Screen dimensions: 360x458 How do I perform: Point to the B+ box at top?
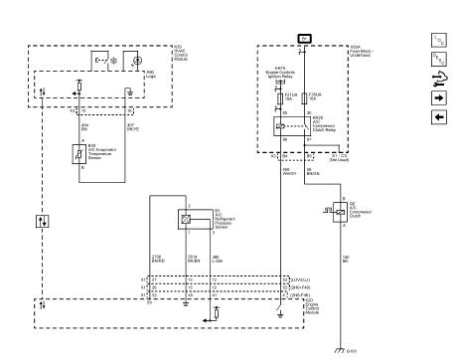click(x=306, y=37)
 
